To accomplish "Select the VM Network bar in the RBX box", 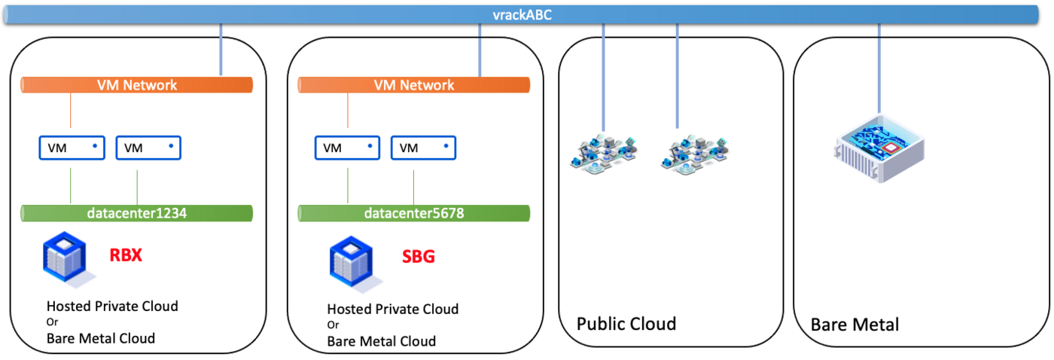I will (137, 85).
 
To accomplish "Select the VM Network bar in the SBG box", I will (414, 85).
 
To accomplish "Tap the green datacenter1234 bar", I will (137, 213).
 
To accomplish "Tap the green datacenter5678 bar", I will (414, 213).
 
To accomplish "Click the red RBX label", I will (126, 255).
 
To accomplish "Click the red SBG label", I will (418, 257).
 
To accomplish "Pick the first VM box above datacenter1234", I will (72, 148).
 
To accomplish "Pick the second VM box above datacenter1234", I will (149, 148).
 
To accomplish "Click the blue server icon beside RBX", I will (65, 259).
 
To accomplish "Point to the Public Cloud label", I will (626, 324).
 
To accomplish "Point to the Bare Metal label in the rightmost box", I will (854, 325).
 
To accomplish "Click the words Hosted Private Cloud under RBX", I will (112, 306).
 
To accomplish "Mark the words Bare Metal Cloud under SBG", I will (381, 341).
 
